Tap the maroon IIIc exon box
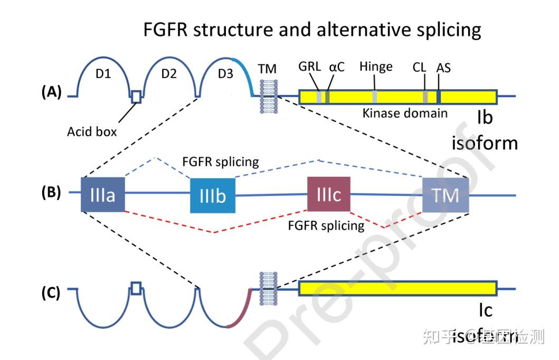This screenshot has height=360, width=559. (328, 194)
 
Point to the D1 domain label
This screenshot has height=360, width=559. (103, 74)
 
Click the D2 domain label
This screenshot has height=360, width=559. (168, 74)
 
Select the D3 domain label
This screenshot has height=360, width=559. (225, 74)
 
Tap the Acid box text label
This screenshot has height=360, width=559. (92, 131)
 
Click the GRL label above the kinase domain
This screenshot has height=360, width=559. (309, 68)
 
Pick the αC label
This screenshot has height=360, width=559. (337, 68)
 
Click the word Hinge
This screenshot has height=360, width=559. (376, 67)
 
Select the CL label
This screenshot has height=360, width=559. (420, 68)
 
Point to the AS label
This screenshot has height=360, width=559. (443, 68)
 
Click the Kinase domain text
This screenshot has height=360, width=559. (405, 113)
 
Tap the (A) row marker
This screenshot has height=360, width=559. (52, 92)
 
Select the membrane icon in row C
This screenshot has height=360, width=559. (267, 288)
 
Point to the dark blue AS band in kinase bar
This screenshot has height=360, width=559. (439, 97)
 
